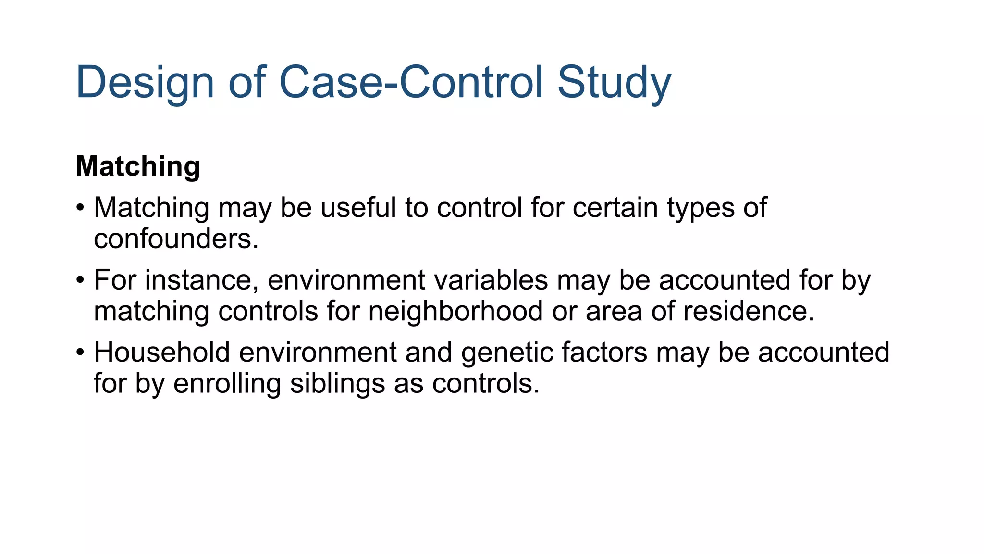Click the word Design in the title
click(x=145, y=83)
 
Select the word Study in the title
click(x=614, y=83)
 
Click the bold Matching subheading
click(x=138, y=166)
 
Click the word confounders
click(x=176, y=239)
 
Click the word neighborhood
click(x=455, y=311)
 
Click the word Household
click(x=162, y=352)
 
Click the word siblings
click(x=337, y=384)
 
